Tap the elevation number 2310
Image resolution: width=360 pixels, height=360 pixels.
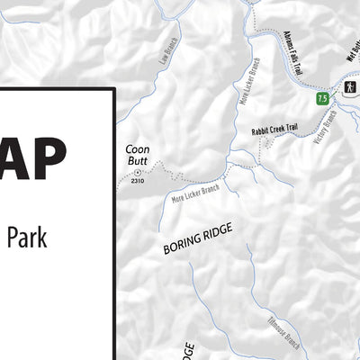(x=137, y=182)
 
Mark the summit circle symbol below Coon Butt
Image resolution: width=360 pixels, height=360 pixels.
(x=137, y=172)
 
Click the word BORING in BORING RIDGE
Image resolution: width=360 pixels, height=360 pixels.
(x=181, y=246)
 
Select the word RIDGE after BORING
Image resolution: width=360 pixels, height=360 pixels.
(x=218, y=231)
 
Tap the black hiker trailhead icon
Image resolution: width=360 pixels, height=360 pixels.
(x=346, y=87)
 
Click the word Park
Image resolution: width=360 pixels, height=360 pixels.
(x=26, y=238)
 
